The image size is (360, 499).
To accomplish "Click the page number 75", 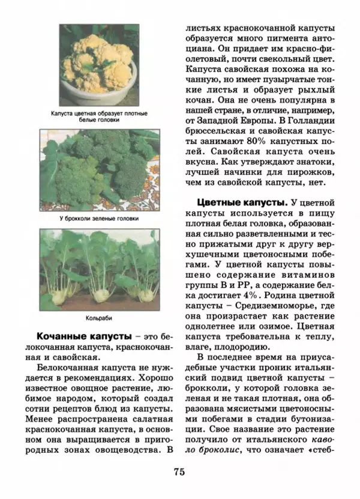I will (x=179, y=471).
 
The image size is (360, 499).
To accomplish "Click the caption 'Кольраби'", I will (x=99, y=318).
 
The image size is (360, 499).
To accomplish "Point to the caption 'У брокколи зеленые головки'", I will (x=99, y=219).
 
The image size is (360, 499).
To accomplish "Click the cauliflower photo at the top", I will (x=99, y=64).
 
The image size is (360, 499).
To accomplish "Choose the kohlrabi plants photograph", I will (x=99, y=267).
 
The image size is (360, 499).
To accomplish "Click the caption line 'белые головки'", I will (x=99, y=119).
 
